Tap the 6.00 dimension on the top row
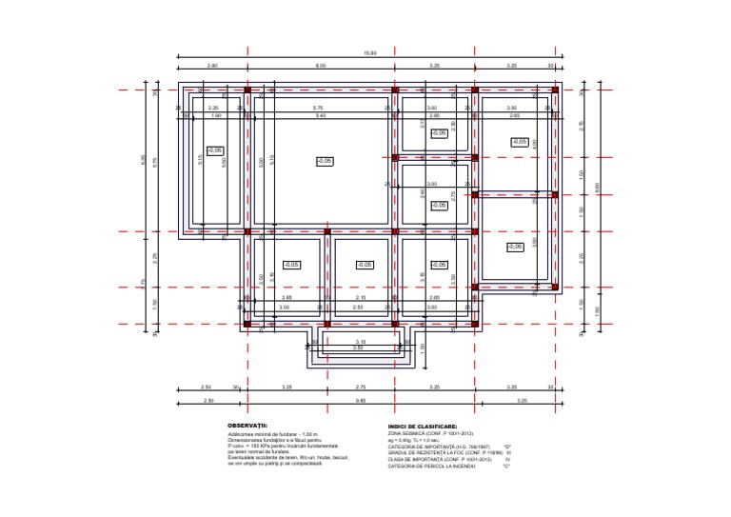pyautogui.click(x=321, y=66)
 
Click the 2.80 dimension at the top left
pyautogui.click(x=211, y=66)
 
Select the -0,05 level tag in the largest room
pyautogui.click(x=325, y=161)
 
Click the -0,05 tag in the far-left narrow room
pyautogui.click(x=215, y=150)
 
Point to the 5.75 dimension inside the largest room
pyautogui.click(x=319, y=109)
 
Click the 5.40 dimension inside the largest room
pyautogui.click(x=320, y=116)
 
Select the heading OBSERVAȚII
pyautogui.click(x=247, y=426)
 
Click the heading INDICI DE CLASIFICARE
pyautogui.click(x=423, y=426)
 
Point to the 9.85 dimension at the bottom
pyautogui.click(x=361, y=401)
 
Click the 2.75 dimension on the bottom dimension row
pyautogui.click(x=361, y=388)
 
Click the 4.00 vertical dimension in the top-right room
pyautogui.click(x=535, y=144)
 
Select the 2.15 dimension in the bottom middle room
pyautogui.click(x=360, y=298)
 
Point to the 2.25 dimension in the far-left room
pyautogui.click(x=213, y=109)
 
